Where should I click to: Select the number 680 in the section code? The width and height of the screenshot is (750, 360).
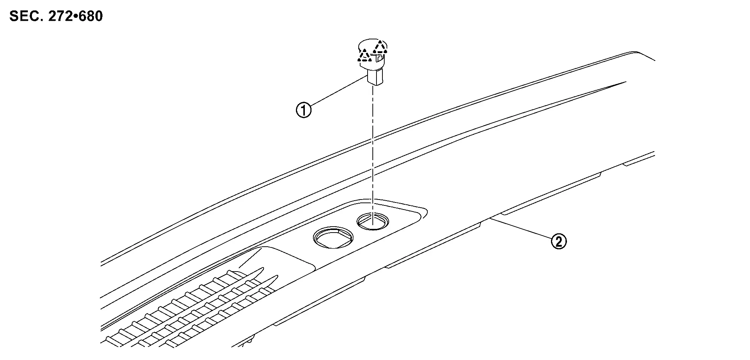coord(90,16)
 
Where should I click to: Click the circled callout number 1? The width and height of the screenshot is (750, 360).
coord(304,110)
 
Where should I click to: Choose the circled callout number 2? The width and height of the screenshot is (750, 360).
coord(559,241)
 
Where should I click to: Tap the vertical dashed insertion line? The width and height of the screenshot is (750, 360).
coord(373,149)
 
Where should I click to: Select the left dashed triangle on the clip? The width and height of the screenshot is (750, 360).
coord(365,56)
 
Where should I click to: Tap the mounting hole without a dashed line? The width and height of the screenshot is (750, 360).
coord(333,237)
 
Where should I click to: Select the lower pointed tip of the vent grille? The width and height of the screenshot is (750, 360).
coord(277,276)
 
